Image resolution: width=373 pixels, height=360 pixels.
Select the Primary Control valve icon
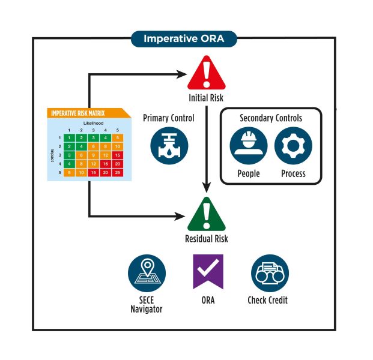point(169,145)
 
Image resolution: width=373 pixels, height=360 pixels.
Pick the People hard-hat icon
point(249,146)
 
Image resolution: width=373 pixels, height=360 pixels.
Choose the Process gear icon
point(293,146)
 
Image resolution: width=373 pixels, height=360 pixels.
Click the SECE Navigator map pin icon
point(147,273)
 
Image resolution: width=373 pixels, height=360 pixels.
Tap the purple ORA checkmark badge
point(208,271)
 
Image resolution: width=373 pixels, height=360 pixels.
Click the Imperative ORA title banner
point(184,39)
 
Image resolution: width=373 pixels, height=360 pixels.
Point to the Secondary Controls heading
point(271,118)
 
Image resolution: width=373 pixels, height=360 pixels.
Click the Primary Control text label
point(169,118)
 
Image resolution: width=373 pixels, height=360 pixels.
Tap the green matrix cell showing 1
point(69,138)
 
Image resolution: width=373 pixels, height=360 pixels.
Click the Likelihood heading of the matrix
point(94,122)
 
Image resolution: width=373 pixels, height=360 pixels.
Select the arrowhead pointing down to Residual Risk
point(206,187)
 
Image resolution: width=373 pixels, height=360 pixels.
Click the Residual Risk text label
point(206,239)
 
